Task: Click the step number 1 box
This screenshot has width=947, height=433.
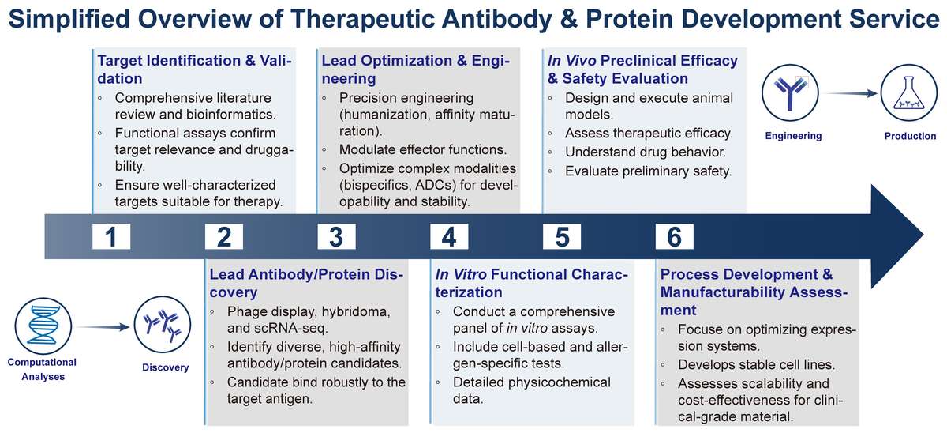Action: [x=111, y=236]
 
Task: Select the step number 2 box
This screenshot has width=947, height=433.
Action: [x=224, y=236]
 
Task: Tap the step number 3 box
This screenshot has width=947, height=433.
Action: [x=337, y=236]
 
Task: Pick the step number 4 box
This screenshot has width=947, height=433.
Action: [x=450, y=236]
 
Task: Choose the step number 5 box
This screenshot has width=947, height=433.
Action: [x=563, y=236]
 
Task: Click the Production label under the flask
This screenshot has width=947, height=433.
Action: [x=910, y=136]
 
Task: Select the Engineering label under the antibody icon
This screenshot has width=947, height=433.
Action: [x=793, y=136]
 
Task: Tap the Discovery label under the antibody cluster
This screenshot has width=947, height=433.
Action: [x=166, y=367]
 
